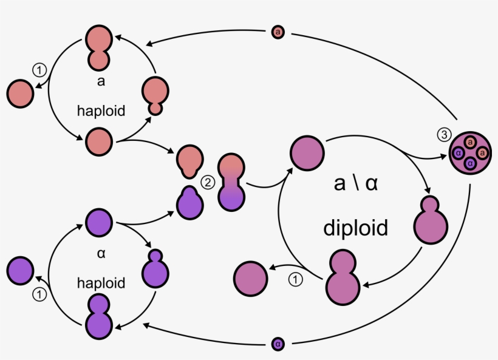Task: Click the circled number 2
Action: pyautogui.click(x=208, y=182)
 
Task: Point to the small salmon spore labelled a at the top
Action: pyautogui.click(x=278, y=31)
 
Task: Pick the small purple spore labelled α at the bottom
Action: pyautogui.click(x=278, y=344)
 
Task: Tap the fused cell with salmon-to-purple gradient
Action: pyautogui.click(x=231, y=182)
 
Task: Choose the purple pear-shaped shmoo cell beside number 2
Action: pyautogui.click(x=189, y=202)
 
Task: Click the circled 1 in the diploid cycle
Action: pyautogui.click(x=295, y=280)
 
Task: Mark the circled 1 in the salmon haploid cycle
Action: pyautogui.click(x=39, y=70)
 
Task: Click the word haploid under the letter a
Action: pyautogui.click(x=101, y=110)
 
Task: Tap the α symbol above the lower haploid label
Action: pyautogui.click(x=101, y=253)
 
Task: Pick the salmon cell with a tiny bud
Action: pyautogui.click(x=156, y=95)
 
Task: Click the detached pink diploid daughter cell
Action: pyautogui.click(x=250, y=278)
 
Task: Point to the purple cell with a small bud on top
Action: pyautogui.click(x=156, y=268)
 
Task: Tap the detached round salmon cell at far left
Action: pyautogui.click(x=20, y=95)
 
